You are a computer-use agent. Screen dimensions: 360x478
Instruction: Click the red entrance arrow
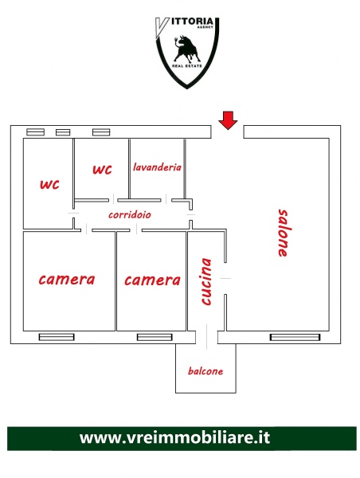[228, 120]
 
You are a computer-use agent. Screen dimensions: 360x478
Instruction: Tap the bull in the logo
[186, 49]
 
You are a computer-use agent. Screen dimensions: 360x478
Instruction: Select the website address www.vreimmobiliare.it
[174, 437]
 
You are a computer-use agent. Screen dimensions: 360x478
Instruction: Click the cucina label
[206, 281]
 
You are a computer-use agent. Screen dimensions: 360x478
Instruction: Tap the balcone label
[205, 371]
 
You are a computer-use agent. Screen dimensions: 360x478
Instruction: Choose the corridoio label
[130, 214]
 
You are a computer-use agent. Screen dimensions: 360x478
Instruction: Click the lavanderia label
[157, 167]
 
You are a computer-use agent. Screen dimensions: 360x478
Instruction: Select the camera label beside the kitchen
[152, 280]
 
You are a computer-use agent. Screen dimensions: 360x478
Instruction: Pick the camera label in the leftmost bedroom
[67, 280]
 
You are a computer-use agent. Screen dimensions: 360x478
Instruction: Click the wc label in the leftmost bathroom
[49, 185]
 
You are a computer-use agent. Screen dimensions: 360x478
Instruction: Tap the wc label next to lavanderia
[103, 170]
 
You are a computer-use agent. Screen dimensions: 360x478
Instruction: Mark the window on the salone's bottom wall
[295, 337]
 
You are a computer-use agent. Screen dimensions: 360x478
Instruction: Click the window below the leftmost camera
[57, 337]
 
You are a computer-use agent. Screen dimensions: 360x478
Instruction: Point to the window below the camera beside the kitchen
[155, 337]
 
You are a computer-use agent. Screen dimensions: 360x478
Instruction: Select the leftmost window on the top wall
[35, 132]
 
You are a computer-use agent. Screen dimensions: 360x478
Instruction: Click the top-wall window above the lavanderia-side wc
[101, 132]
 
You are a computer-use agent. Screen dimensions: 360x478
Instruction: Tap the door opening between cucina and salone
[225, 278]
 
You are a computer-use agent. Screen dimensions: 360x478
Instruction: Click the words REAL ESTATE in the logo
[187, 66]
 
